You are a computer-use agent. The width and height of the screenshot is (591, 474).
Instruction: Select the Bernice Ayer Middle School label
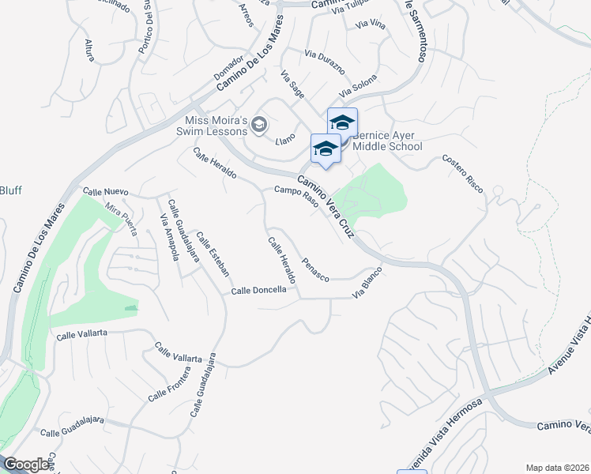387,141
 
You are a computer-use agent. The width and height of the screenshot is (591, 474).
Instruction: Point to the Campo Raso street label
295,196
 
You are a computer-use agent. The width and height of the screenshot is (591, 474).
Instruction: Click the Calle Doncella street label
258,291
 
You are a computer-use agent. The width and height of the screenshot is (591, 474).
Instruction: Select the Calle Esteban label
213,254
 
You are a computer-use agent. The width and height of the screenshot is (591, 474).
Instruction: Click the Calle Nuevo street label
105,192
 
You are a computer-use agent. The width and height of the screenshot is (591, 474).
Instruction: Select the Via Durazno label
325,61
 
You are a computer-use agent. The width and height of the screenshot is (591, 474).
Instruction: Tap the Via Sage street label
292,85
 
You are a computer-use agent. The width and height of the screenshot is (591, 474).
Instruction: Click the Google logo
26,465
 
